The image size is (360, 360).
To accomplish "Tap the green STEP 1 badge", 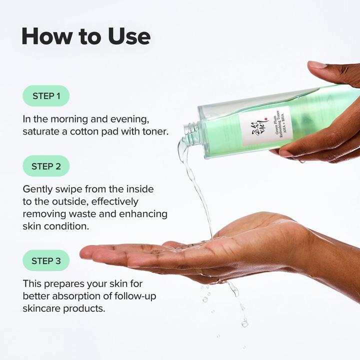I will pyautogui.click(x=46, y=95).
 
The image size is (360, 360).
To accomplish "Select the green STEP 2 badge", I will pyautogui.click(x=46, y=166).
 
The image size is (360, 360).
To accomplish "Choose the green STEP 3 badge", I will pyautogui.click(x=46, y=260).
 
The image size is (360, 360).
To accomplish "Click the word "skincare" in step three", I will pyautogui.click(x=43, y=308).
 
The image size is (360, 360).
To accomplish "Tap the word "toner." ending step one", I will pyautogui.click(x=155, y=132).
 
